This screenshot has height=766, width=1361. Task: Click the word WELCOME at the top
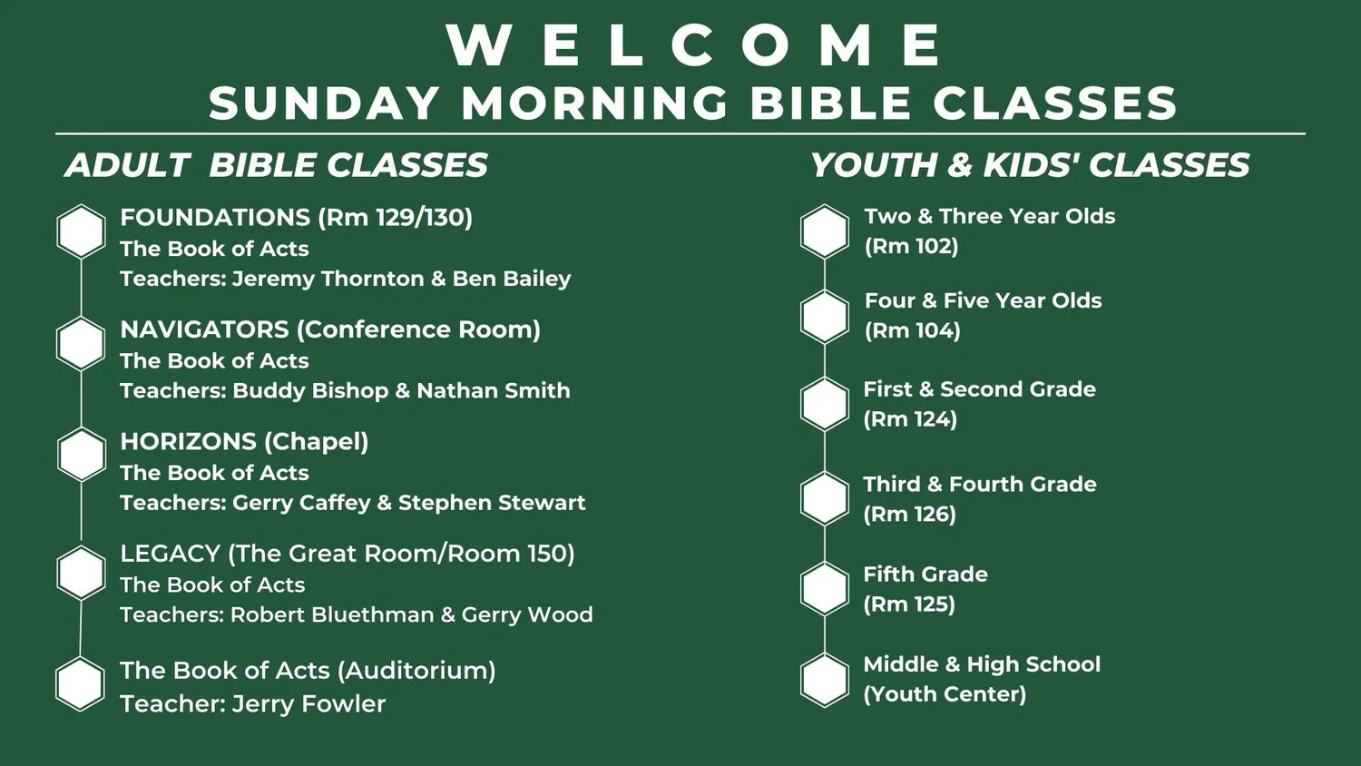click(x=695, y=45)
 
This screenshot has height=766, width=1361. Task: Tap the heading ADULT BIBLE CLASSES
click(x=276, y=165)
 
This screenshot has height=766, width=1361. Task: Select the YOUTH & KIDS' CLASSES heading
click(x=1029, y=165)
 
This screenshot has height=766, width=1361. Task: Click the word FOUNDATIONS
click(x=215, y=218)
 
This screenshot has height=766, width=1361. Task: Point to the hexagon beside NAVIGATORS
click(x=82, y=343)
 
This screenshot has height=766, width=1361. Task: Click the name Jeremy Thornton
click(x=328, y=279)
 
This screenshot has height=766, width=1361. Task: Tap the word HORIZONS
click(x=189, y=442)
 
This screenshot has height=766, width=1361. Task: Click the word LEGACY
click(x=171, y=554)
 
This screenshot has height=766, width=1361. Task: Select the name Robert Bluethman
click(x=332, y=615)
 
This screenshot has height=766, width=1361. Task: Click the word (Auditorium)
click(x=416, y=671)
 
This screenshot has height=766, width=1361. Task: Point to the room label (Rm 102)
click(x=911, y=247)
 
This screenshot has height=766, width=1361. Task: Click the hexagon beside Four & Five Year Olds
click(x=825, y=317)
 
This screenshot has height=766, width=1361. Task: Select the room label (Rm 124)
click(x=910, y=419)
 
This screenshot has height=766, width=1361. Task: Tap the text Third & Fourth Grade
click(x=979, y=485)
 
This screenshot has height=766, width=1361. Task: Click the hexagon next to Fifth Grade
click(x=825, y=588)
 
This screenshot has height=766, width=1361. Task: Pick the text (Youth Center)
click(x=945, y=694)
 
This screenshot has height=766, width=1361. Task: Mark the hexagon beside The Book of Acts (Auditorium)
click(x=81, y=684)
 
